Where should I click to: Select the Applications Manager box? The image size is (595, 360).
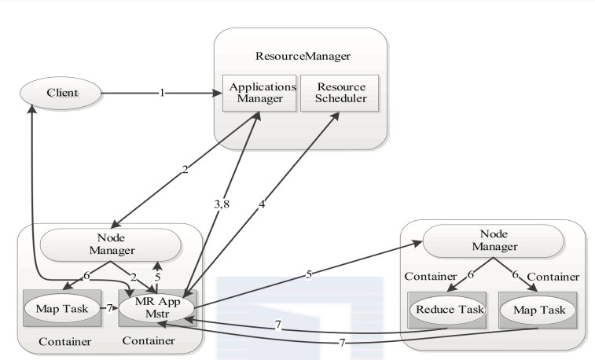(x=259, y=93)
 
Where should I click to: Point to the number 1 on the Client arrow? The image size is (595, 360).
(x=161, y=94)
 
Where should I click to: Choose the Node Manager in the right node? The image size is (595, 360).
(x=492, y=241)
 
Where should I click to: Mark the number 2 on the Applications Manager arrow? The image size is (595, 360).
(x=185, y=170)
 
